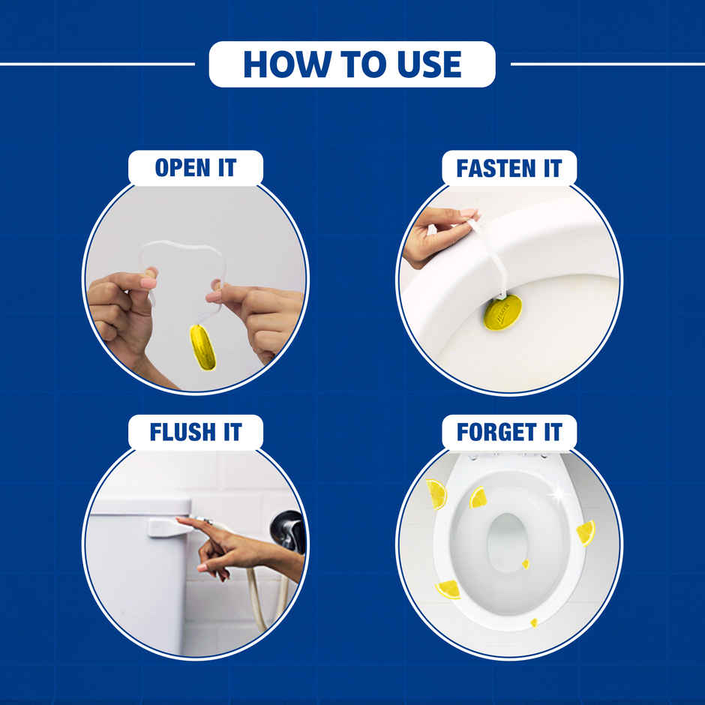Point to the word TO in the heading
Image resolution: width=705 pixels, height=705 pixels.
[352, 64]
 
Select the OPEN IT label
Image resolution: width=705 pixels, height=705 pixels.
[195, 168]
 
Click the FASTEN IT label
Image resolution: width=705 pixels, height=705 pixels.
[508, 168]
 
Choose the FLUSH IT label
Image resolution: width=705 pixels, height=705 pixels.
[195, 432]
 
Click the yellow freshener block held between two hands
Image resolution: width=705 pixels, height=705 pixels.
[202, 347]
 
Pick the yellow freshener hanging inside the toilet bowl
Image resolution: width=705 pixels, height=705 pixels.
[502, 312]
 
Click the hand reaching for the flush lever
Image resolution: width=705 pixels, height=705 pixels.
[225, 547]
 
